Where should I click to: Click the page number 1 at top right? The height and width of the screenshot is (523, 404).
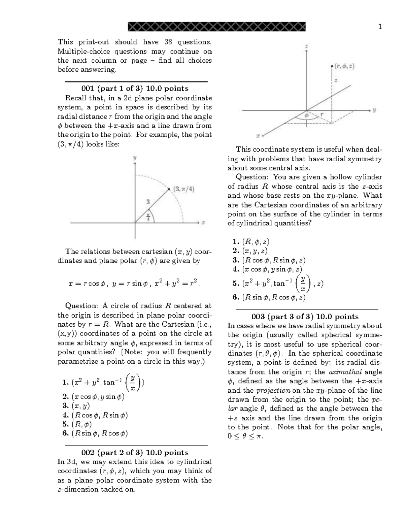click(380, 27)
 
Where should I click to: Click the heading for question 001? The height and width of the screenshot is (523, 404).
click(135, 89)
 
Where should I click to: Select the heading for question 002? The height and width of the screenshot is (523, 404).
click(135, 453)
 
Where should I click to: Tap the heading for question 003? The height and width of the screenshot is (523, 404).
click(305, 317)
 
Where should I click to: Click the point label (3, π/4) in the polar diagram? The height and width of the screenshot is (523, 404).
click(183, 189)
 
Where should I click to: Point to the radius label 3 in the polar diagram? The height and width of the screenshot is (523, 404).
click(148, 202)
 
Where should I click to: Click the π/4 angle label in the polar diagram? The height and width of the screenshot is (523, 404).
click(148, 216)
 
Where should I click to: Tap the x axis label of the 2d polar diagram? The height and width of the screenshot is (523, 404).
click(203, 223)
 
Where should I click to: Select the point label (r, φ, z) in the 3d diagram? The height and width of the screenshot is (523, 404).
click(344, 66)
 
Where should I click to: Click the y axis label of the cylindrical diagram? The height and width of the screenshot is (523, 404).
click(374, 110)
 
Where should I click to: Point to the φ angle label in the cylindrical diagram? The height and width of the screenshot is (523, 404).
click(306, 115)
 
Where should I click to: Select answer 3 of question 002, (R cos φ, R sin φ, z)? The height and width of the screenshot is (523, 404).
click(269, 260)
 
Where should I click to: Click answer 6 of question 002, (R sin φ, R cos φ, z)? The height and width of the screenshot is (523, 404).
click(269, 297)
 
